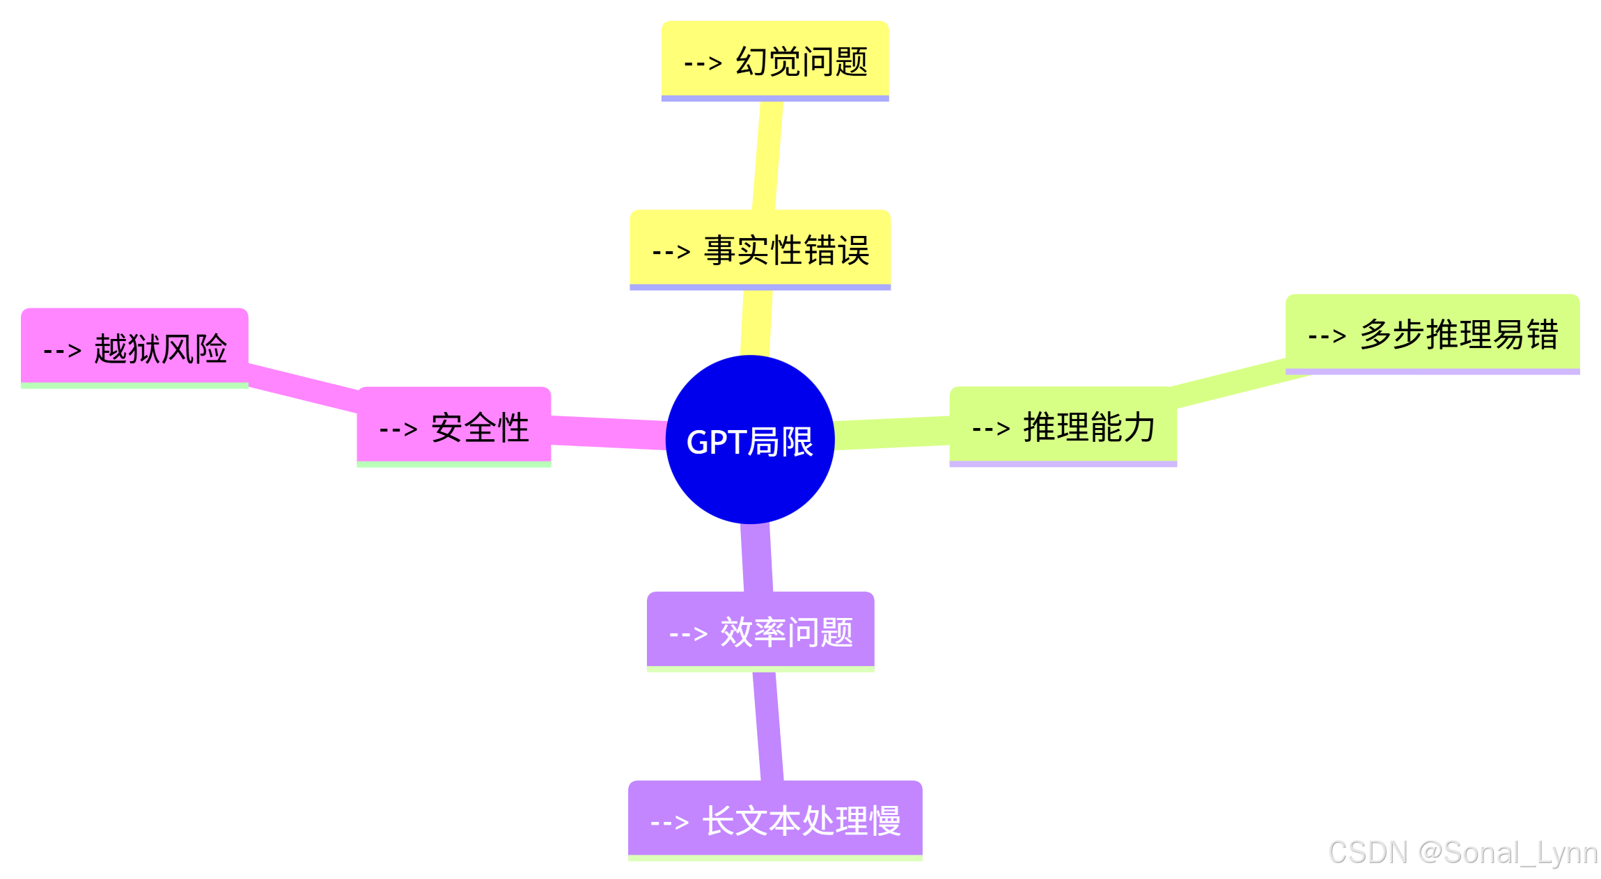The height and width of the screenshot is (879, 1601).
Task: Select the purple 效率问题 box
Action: (x=760, y=631)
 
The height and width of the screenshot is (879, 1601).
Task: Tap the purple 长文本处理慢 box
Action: (x=774, y=819)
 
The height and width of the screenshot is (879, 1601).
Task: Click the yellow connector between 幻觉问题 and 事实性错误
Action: (x=767, y=156)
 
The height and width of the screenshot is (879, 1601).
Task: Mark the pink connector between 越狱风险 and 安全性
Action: (x=303, y=387)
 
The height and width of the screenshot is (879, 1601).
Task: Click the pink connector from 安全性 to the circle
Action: (x=609, y=433)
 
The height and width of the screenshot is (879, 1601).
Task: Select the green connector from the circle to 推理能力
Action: (x=892, y=433)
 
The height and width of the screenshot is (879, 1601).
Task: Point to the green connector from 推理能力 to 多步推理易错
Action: (x=1229, y=382)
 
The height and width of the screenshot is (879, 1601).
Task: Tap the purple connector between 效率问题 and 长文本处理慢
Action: (x=768, y=726)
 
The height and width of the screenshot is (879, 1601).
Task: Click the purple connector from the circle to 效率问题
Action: (x=756, y=557)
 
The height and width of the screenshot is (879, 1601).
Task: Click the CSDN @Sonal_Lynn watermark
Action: (x=1462, y=853)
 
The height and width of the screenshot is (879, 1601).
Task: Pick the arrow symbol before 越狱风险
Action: (x=63, y=349)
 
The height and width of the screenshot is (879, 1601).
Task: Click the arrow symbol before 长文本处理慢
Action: (x=669, y=822)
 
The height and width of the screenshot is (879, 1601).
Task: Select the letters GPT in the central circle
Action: (x=716, y=442)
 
